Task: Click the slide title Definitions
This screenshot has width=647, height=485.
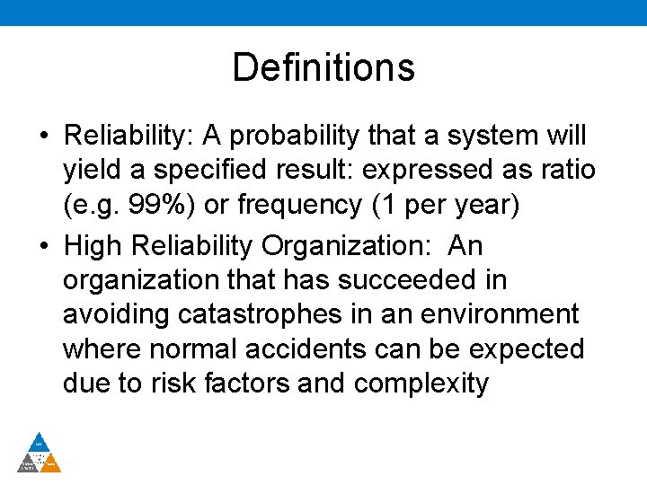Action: pyautogui.click(x=323, y=67)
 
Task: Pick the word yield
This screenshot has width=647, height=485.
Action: pyautogui.click(x=88, y=171)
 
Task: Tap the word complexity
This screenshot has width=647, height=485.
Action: pyautogui.click(x=421, y=384)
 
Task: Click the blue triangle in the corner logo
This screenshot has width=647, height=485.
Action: pyautogui.click(x=40, y=442)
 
